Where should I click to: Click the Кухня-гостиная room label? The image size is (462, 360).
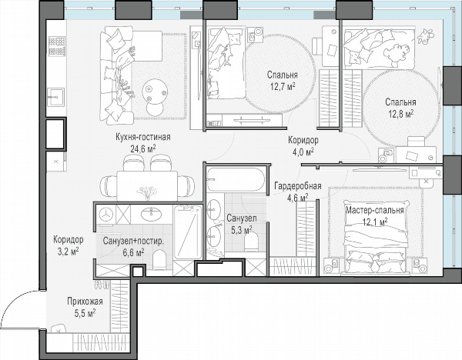[143, 137]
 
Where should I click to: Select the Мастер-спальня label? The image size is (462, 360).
[374, 211]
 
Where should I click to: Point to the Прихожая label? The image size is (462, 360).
[85, 302]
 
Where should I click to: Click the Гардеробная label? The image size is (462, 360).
[297, 186]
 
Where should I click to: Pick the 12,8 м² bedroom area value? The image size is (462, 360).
[400, 114]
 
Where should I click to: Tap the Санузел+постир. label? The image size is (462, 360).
[133, 241]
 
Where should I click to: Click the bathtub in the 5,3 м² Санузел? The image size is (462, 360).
[236, 179]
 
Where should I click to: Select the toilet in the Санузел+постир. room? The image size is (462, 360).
[159, 259]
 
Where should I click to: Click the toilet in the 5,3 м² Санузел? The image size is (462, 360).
[251, 242]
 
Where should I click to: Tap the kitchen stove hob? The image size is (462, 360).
[56, 46]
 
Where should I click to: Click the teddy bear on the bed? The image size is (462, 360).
[397, 54]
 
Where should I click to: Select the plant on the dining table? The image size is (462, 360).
[147, 192]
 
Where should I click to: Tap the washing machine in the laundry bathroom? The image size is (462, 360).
[105, 215]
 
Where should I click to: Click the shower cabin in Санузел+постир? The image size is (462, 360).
[188, 232]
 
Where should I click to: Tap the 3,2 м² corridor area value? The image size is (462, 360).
[68, 252]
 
